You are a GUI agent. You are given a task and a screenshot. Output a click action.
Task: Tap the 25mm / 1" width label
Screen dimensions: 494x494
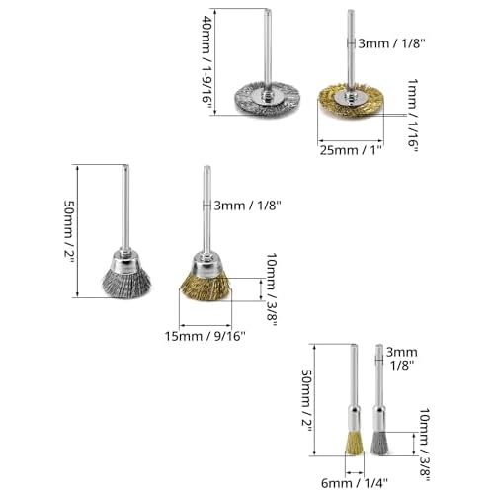click(351, 150)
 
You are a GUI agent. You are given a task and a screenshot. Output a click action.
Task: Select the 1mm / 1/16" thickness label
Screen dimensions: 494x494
click(413, 116)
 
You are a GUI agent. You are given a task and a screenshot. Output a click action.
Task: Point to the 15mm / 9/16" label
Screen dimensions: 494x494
click(205, 336)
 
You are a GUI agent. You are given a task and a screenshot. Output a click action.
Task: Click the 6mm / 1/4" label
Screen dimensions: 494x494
click(355, 483)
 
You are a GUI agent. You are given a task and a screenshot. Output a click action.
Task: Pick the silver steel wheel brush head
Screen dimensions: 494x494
click(268, 99)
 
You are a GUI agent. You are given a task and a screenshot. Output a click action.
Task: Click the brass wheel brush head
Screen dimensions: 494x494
click(351, 100)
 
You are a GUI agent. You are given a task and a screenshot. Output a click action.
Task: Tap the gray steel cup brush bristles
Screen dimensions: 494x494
click(126, 283)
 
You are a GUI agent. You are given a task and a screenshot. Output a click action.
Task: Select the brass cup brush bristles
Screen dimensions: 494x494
click(206, 288)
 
